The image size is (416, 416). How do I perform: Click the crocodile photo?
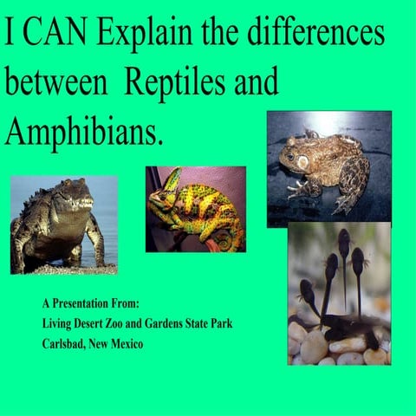click(63, 224)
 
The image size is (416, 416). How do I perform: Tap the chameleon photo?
click(195, 209)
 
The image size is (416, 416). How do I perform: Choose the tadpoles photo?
click(339, 295)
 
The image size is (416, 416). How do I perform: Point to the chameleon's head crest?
click(172, 179)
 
